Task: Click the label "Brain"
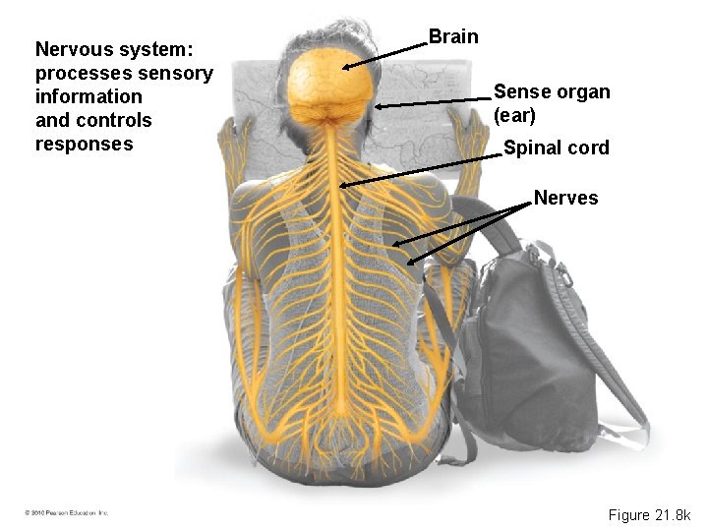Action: tap(453, 37)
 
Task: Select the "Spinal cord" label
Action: tap(556, 148)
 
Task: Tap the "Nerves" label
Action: tap(565, 199)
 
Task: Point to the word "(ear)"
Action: tap(514, 115)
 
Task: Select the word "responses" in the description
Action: tap(84, 145)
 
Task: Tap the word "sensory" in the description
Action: tap(178, 73)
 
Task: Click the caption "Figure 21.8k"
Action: tap(649, 515)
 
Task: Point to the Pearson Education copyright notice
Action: tap(67, 513)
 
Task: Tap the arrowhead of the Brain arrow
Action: tap(345, 68)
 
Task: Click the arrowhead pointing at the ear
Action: tap(378, 106)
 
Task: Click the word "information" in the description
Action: tap(88, 96)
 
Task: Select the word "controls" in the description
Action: tap(113, 121)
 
